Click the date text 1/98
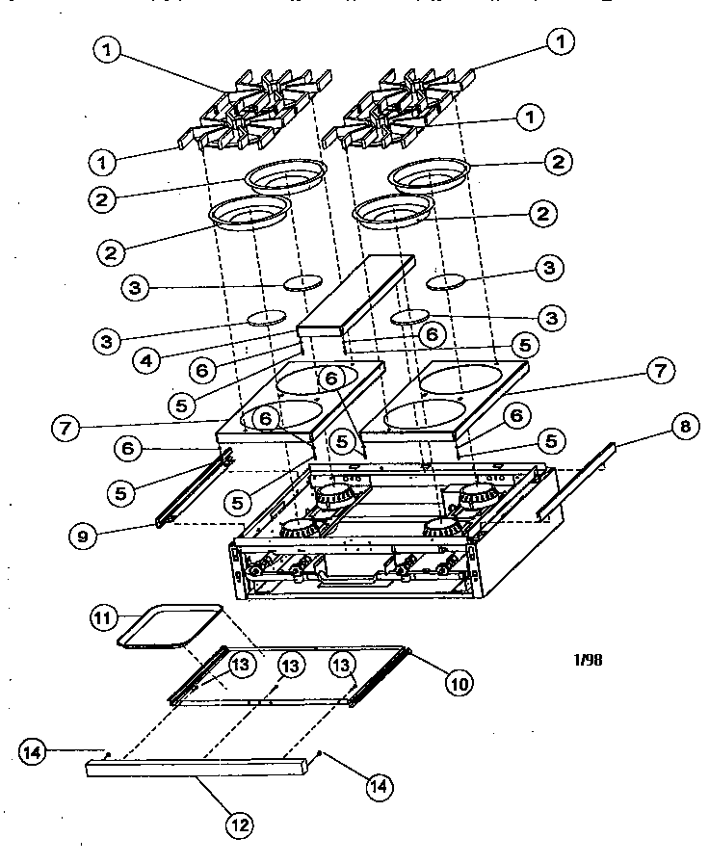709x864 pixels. (589, 660)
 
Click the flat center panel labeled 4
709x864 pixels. (356, 295)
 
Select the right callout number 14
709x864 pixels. (379, 785)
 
